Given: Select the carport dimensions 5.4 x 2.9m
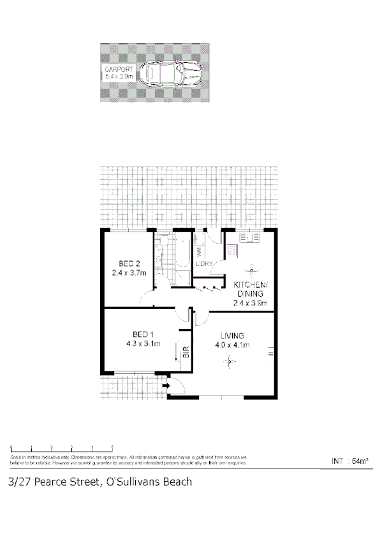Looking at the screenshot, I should click(x=119, y=76).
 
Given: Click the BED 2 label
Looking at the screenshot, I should click(x=129, y=264).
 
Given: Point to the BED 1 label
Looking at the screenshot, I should click(x=143, y=334).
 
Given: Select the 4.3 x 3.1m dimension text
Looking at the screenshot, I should click(x=143, y=344).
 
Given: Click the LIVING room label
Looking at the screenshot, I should click(x=233, y=336).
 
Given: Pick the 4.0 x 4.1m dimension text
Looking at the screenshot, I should click(x=233, y=345).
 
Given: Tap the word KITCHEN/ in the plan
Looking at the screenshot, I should click(x=250, y=285).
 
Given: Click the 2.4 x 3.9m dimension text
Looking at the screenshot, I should click(x=250, y=303).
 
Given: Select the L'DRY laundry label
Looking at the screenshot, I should click(x=204, y=263).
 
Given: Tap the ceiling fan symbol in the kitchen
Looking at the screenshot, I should click(x=248, y=269).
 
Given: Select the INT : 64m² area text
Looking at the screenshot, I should click(x=351, y=461).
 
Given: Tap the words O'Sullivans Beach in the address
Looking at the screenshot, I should click(x=147, y=482).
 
